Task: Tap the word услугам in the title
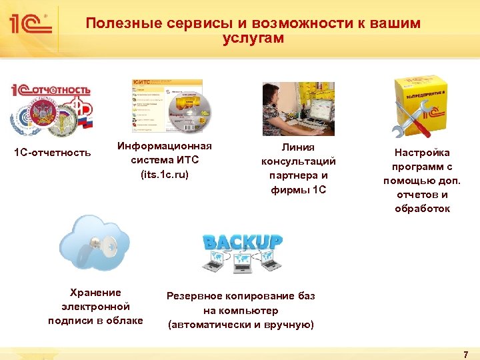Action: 253,39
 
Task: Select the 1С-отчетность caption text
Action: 53,153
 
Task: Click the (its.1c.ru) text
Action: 165,175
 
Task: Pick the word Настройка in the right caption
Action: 422,153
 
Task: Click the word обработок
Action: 422,209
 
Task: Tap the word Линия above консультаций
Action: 298,147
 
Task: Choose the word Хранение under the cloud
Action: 95,292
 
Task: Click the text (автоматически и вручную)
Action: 241,325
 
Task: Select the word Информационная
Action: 165,146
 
